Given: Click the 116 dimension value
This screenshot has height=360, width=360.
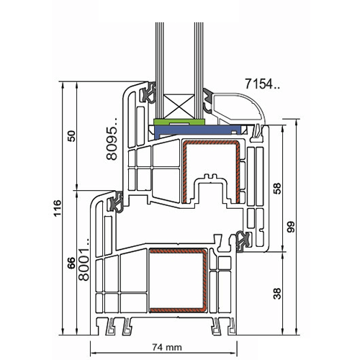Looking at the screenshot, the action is coord(58,208).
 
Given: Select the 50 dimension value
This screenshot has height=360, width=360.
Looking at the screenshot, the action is coord(72,136).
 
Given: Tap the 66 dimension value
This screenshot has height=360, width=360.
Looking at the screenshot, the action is coord(71,263).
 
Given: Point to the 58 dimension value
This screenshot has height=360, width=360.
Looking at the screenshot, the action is coord(277,189).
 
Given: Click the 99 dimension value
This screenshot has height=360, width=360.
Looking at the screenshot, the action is coord(291,227).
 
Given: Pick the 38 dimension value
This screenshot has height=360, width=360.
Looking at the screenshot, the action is coord(277,294).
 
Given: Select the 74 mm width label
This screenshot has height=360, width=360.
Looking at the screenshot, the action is coord(167,347).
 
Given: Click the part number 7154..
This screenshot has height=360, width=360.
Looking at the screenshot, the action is coord(262,84).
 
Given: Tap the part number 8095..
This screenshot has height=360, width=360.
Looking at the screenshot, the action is coord(112,139).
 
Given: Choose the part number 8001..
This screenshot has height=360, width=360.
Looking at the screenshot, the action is coord(84,260).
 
